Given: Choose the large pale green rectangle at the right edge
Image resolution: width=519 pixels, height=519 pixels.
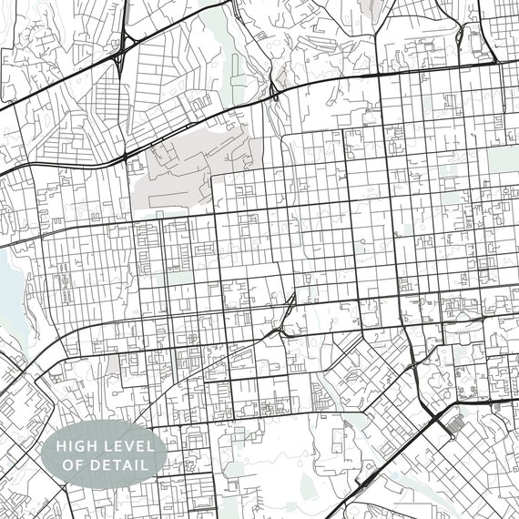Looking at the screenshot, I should [x=502, y=160].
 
